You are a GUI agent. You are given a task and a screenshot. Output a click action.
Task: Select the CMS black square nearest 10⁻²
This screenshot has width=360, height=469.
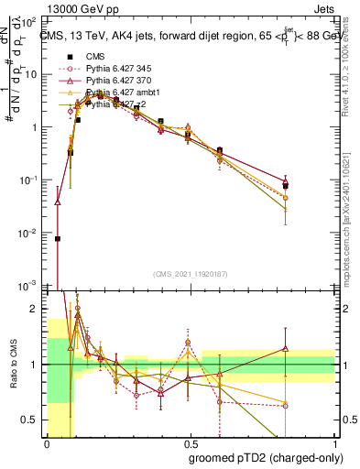[58, 238]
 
